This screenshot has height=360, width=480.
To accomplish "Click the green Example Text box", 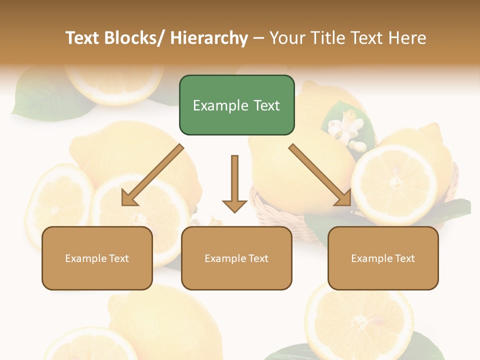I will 236,105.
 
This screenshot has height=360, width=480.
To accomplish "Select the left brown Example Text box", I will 97,258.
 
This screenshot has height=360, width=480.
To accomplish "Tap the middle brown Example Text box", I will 236,258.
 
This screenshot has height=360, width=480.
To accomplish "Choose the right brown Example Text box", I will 383,258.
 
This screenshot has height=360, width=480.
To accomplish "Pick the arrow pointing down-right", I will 320,175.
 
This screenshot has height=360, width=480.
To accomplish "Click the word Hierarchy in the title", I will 209,38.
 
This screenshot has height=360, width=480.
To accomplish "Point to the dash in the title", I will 258,38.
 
